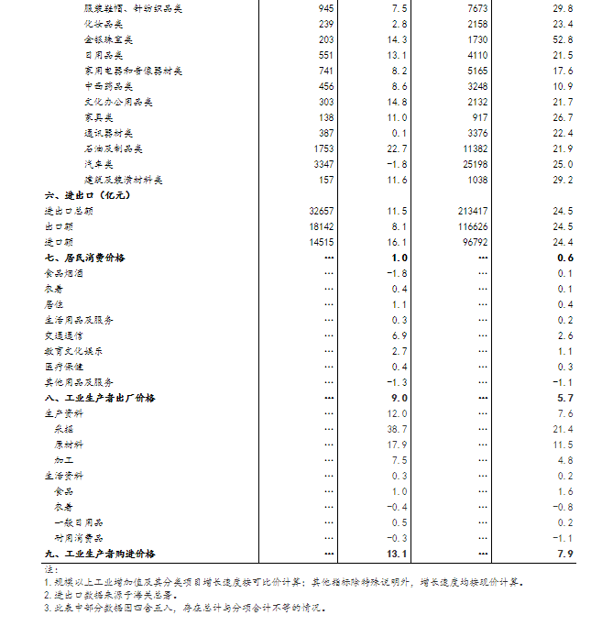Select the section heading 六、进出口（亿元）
[x=87, y=195]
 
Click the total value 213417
[x=473, y=211]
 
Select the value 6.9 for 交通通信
[x=400, y=335]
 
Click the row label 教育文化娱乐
[x=73, y=351]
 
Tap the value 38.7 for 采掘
[x=397, y=429]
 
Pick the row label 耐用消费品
[x=79, y=538]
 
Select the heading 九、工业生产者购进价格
[x=100, y=554]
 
